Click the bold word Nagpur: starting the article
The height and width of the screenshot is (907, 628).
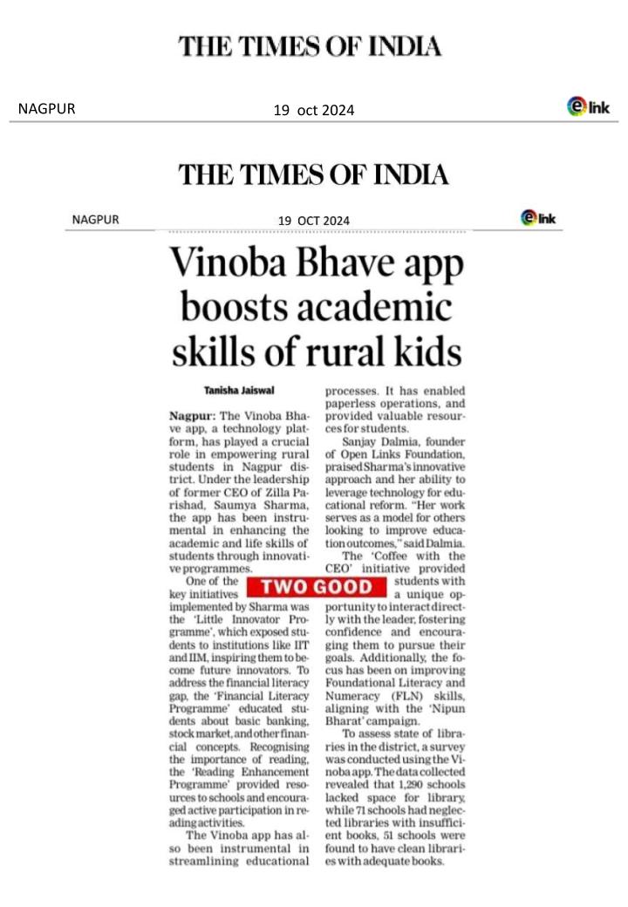coord(191,418)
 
